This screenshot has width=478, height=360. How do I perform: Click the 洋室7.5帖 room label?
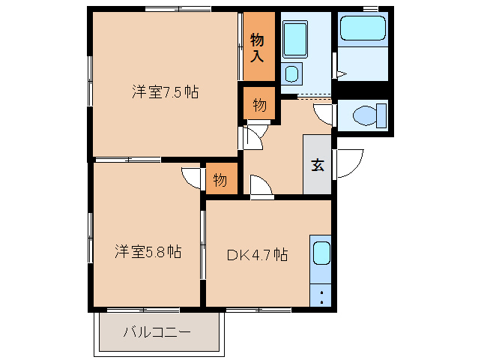165,92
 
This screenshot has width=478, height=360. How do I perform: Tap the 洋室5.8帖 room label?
148,251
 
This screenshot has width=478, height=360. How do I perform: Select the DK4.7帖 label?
257,254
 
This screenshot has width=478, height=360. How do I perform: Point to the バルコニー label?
157,331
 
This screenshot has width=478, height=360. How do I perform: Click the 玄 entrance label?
318,166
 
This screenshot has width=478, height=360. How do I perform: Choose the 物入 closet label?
258,47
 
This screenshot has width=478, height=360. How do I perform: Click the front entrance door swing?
348,163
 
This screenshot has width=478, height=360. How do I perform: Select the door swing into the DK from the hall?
261,187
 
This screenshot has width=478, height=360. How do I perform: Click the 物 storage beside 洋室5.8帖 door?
220,181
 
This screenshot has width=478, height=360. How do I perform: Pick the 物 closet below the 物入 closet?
258,105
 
